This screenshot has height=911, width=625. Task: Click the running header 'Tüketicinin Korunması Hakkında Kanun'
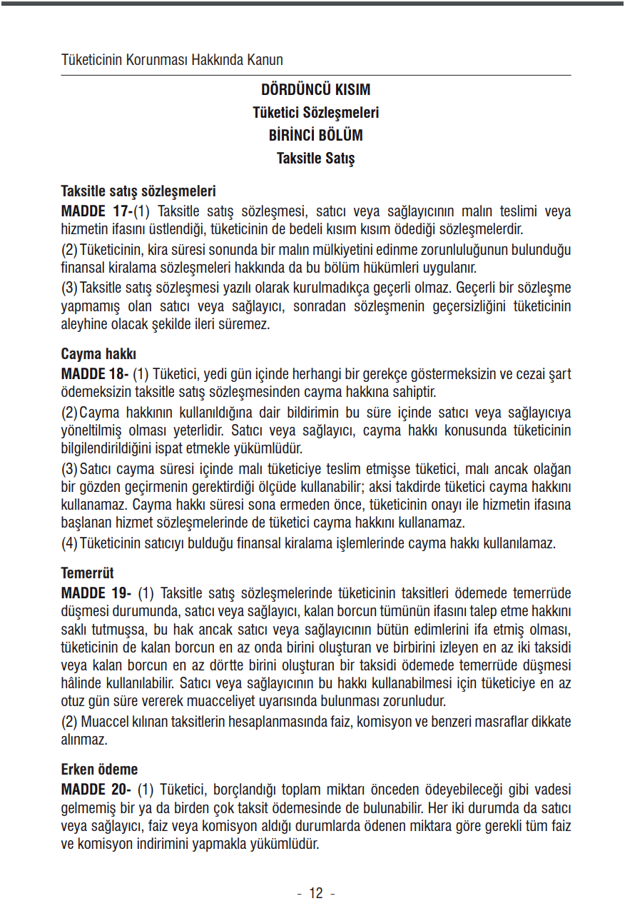(172, 60)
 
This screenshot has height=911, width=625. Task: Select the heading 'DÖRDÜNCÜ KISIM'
(315, 90)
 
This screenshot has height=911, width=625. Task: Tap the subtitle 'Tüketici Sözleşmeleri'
(315, 113)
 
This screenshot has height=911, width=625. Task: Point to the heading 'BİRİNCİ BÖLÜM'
(315, 136)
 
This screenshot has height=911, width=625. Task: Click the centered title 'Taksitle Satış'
(315, 158)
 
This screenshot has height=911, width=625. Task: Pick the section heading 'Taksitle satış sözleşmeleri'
(138, 191)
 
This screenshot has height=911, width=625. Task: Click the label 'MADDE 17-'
(97, 211)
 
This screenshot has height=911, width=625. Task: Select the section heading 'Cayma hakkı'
(98, 354)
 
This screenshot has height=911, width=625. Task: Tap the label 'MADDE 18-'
(95, 374)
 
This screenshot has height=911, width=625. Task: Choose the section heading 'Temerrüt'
(88, 573)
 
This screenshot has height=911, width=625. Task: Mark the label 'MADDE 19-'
(96, 593)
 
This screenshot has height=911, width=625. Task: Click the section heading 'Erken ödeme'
(100, 770)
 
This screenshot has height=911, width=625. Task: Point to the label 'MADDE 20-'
(96, 790)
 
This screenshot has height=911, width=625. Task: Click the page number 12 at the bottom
(315, 893)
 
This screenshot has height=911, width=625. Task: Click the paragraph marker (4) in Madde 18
(69, 543)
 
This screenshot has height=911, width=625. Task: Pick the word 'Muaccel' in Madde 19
(106, 721)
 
